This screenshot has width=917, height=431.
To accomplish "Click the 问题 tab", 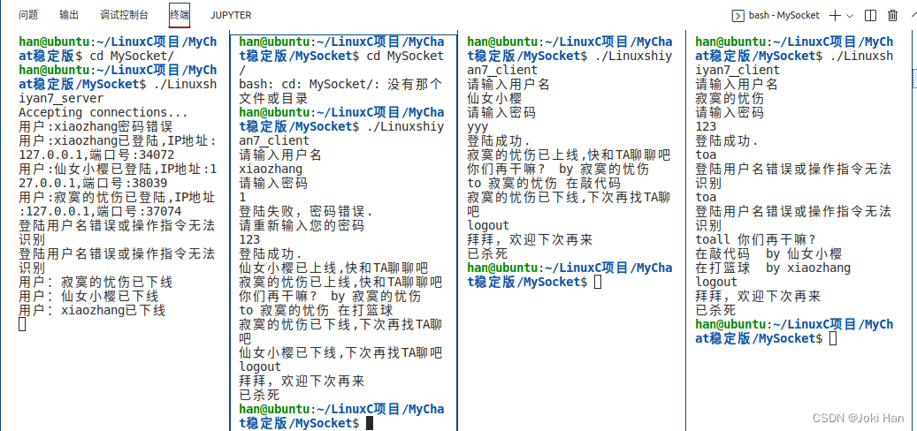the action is (x=28, y=15).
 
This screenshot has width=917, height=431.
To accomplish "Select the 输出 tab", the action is (x=69, y=15).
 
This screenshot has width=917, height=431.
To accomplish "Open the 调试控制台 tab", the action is (x=124, y=15).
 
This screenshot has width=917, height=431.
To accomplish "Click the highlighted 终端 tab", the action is (x=180, y=15).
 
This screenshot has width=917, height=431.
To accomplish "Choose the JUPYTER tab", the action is (x=231, y=15).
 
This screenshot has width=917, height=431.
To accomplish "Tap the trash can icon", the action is (x=892, y=15).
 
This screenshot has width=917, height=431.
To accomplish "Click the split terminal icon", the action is (x=870, y=15).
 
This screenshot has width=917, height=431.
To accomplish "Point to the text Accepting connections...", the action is (x=103, y=112).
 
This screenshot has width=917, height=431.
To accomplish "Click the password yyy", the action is (x=478, y=126).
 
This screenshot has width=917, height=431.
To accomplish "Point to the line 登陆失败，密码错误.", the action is (x=306, y=211).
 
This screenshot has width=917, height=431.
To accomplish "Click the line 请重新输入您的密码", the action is (x=301, y=225).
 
